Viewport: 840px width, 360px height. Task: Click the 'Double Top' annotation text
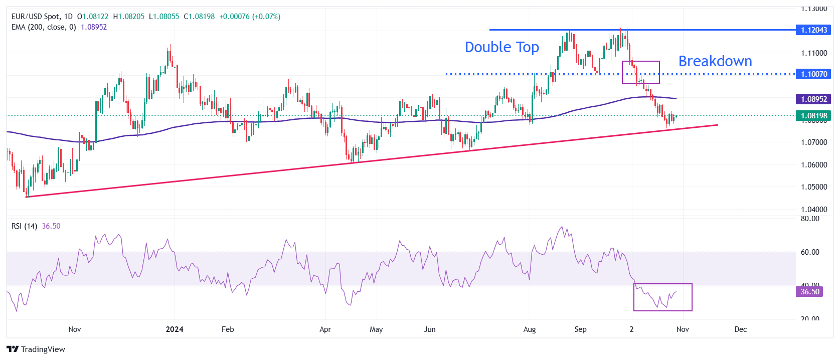point(501,47)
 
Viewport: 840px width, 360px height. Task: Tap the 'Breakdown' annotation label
point(715,61)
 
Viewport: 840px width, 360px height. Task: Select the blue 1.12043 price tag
point(813,30)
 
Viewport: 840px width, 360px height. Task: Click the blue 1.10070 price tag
point(813,74)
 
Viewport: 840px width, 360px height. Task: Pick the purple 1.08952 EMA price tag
point(813,99)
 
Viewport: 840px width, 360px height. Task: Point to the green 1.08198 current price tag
point(813,116)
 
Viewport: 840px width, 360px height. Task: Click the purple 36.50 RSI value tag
point(809,292)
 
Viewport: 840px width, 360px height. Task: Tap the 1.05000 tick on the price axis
point(813,187)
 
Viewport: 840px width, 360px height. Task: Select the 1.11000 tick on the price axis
point(813,53)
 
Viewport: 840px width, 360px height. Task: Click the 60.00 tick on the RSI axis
point(810,252)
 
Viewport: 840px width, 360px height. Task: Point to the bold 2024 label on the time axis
point(175,329)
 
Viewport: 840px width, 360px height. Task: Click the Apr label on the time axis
point(325,329)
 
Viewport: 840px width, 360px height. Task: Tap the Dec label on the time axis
point(740,329)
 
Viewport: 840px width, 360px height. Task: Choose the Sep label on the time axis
point(580,329)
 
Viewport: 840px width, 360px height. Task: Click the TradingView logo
point(36,349)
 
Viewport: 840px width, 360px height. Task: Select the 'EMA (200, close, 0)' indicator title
point(44,27)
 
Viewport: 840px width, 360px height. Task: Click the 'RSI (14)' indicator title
point(24,226)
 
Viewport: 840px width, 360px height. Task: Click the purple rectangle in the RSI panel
point(662,297)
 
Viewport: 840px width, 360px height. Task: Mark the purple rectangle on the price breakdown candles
point(640,72)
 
